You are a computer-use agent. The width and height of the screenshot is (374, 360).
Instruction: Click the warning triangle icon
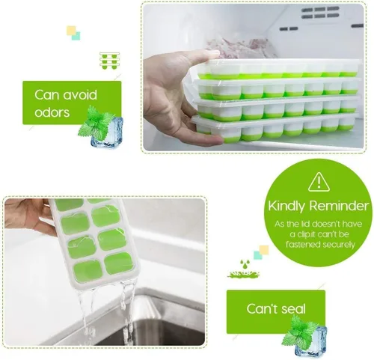pyautogui.click(x=319, y=181)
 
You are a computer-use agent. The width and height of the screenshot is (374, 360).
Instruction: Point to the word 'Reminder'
pyautogui.click(x=340, y=206)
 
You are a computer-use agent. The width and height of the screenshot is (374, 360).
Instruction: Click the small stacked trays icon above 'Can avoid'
pyautogui.click(x=110, y=61)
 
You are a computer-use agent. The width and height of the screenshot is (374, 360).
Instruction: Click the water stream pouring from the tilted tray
pyautogui.click(x=105, y=307)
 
